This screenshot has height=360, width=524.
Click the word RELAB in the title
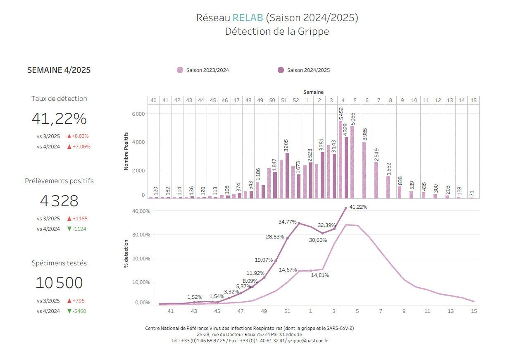[x=248, y=18]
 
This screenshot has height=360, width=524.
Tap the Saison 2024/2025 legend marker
[x=281, y=70]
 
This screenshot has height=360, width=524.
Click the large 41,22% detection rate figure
[x=59, y=119]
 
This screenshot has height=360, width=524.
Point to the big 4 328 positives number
[x=59, y=201]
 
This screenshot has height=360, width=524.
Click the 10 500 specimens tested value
[x=59, y=283]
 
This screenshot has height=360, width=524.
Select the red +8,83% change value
[x=80, y=136]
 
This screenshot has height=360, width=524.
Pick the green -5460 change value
[x=79, y=311]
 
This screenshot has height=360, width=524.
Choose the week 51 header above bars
[x=284, y=100]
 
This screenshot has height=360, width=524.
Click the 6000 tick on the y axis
[x=138, y=114]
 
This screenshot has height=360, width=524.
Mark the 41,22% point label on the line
[x=358, y=207]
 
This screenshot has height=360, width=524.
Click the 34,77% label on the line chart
[x=287, y=222]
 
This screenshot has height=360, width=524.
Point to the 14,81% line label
[x=320, y=275]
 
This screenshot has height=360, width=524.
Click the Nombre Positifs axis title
[x=126, y=151]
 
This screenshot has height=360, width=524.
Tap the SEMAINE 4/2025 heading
[x=59, y=70]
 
